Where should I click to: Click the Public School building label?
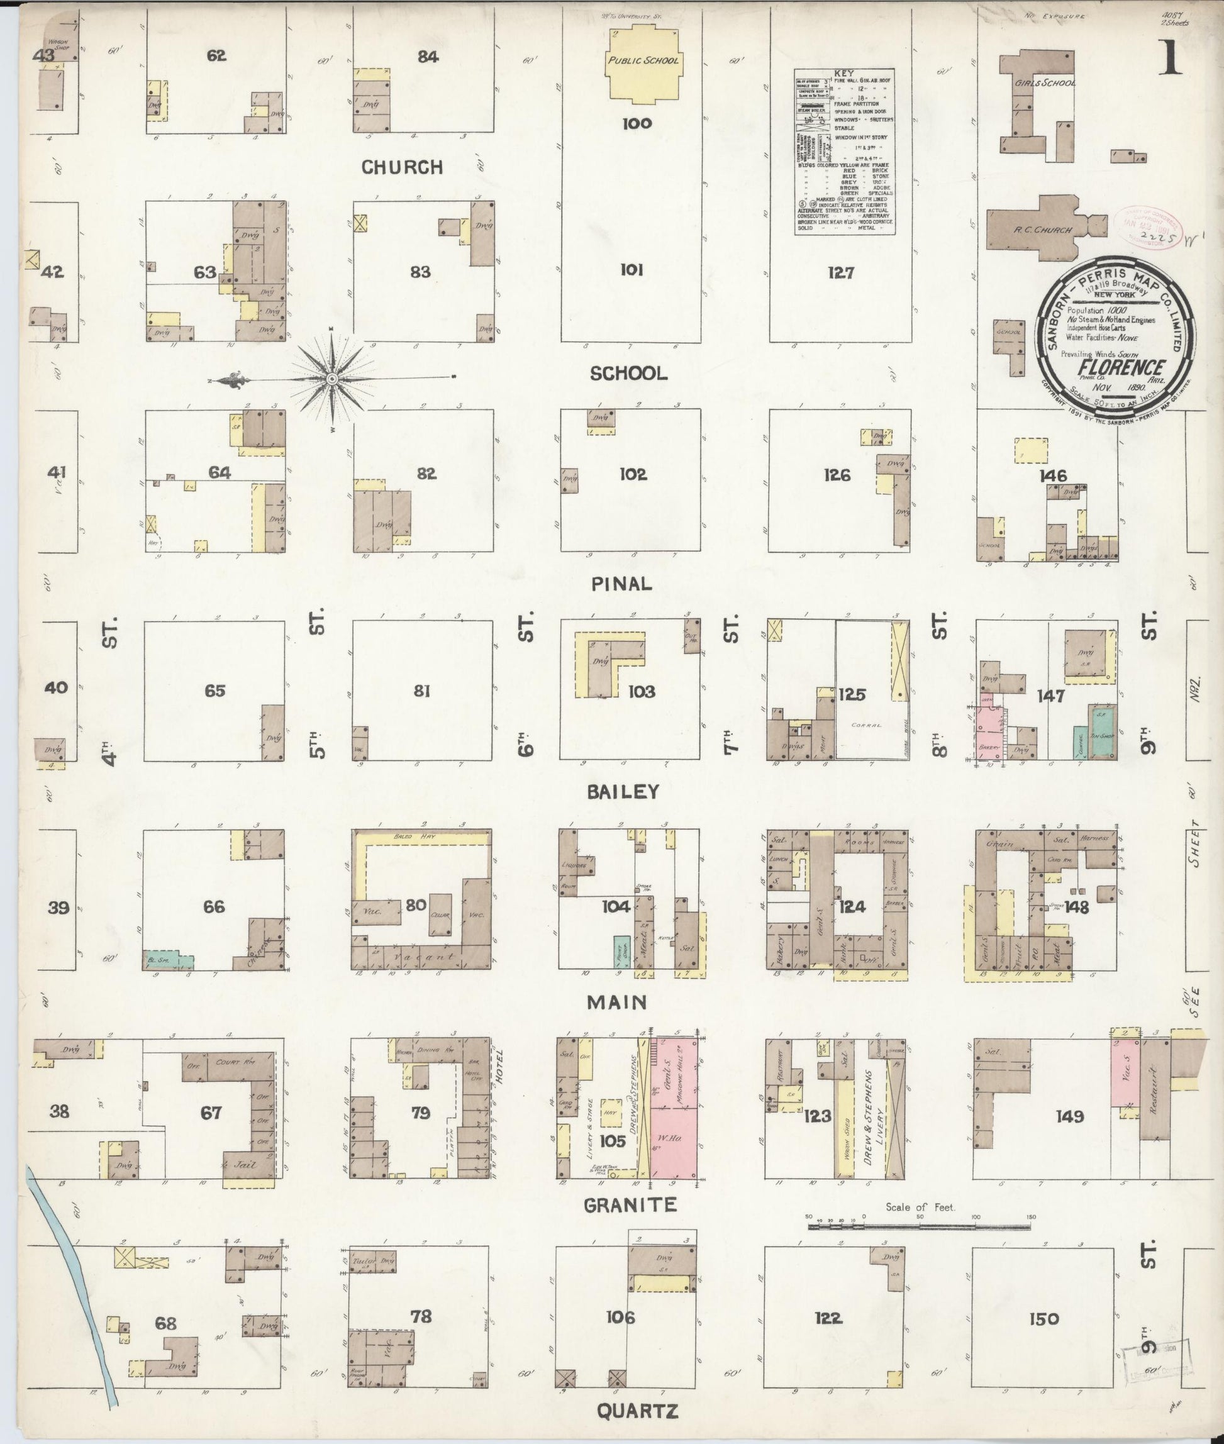click(x=643, y=60)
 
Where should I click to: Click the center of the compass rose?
click(x=331, y=379)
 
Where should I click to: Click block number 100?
click(x=637, y=124)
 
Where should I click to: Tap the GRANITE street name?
click(x=630, y=1204)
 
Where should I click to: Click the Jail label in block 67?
click(x=247, y=1165)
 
